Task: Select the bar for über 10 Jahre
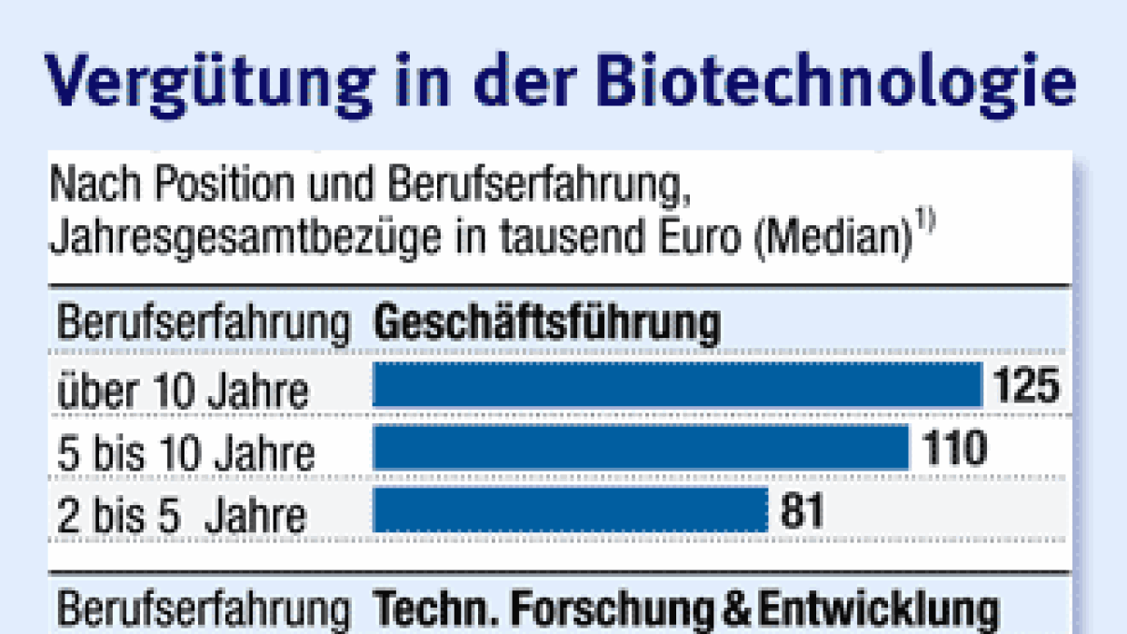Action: (x=677, y=385)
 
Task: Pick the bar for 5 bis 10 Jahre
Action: (x=641, y=448)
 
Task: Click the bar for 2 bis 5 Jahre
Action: (x=570, y=510)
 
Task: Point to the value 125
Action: (x=1026, y=385)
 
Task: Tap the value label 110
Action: (x=954, y=448)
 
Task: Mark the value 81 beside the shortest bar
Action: (x=802, y=510)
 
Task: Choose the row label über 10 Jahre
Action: (x=183, y=391)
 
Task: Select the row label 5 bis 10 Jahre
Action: (x=186, y=453)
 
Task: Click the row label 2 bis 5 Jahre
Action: (x=182, y=516)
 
